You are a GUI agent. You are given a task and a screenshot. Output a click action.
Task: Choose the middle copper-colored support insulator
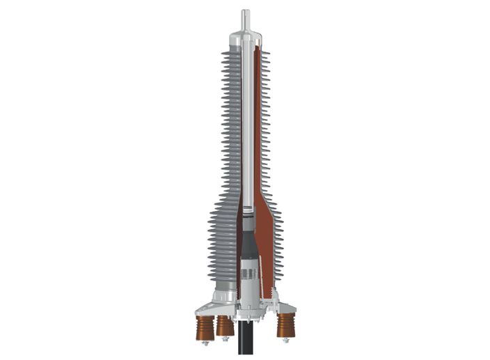[x=224, y=324]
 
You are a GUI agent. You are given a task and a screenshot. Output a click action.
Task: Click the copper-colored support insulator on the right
[x=285, y=324]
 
